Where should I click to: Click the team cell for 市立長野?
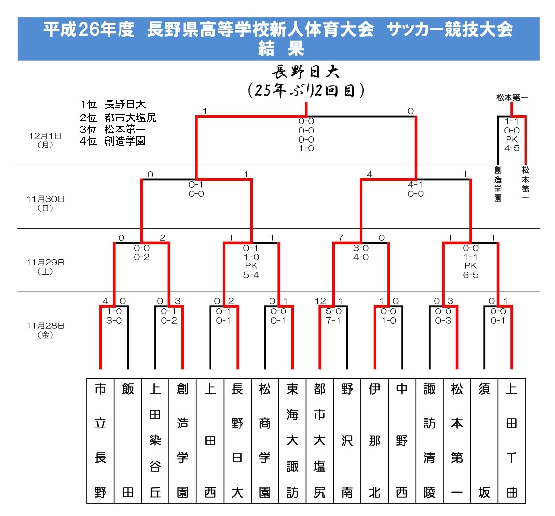tap(100, 440)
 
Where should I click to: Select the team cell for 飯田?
tap(128, 440)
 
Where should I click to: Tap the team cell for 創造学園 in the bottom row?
tap(182, 440)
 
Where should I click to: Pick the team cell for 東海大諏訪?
tap(292, 440)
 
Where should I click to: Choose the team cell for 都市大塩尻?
tap(320, 440)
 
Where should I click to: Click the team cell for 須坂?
tap(484, 440)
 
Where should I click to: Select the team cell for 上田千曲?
tap(511, 440)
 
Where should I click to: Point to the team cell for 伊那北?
tap(375, 440)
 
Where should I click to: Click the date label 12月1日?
tap(45, 140)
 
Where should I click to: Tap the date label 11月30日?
tap(45, 203)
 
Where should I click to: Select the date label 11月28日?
tap(45, 330)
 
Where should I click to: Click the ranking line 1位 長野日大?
tap(113, 104)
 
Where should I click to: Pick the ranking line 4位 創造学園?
tap(113, 141)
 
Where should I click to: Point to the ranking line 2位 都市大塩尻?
tap(118, 117)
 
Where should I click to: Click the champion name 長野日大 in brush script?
tap(306, 73)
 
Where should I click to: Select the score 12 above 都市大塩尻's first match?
tap(320, 301)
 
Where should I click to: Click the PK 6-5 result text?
tap(470, 270)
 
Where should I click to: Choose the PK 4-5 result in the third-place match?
tap(511, 144)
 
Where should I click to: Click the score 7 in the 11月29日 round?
tap(341, 238)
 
